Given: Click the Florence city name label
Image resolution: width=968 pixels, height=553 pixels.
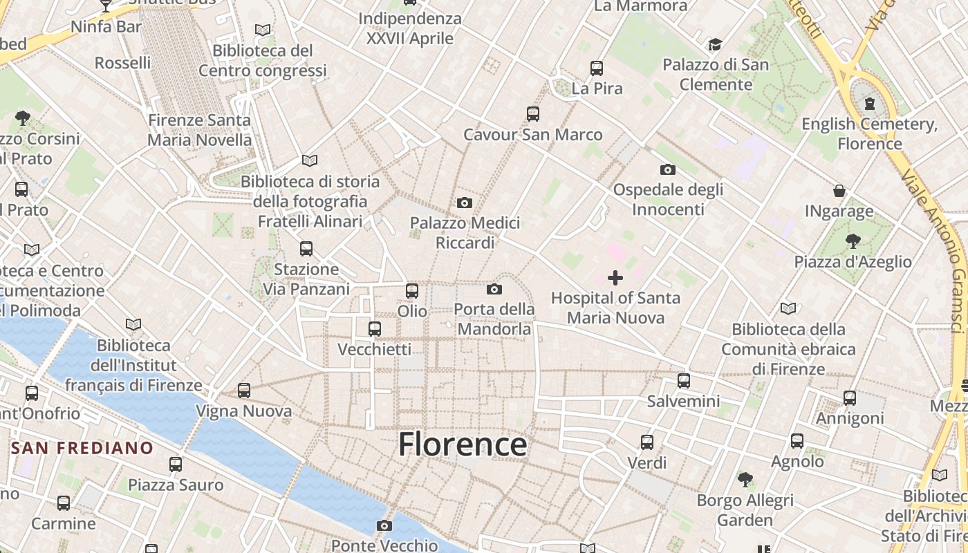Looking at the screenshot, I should coord(463,444).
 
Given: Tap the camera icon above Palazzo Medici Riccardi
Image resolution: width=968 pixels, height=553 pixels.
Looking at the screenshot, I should coord(465,203).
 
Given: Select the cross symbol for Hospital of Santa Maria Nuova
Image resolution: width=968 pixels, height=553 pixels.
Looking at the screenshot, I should coord(615,278).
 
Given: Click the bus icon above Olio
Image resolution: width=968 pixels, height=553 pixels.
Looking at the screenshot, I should coord(412,291).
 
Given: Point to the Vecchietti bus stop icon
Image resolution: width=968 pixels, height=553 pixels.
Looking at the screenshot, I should coord(375,329).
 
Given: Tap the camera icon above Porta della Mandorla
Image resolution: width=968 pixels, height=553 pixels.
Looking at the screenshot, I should coord(494,289).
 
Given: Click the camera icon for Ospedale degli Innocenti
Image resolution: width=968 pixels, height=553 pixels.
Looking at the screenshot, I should coord(668,169).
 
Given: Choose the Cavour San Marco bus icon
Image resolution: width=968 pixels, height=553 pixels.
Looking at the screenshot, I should coord(532,114).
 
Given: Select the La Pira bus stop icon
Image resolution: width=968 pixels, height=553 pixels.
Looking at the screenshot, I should coord(597,68).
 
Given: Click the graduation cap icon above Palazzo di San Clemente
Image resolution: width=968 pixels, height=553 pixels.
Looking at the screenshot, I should coord(715,45).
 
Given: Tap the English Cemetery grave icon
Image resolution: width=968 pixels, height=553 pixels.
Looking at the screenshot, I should coord(869,104).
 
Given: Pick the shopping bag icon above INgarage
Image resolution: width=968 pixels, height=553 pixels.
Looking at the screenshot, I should coord(839,191).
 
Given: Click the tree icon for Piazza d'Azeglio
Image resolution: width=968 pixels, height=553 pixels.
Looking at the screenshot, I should coord(853,241).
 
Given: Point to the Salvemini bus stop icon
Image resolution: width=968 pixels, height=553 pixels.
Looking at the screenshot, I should coord(684,380).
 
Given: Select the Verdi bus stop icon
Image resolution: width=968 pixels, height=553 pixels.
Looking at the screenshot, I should coord(647,442).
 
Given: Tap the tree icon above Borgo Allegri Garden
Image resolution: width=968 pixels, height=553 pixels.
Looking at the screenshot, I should coord(745,479).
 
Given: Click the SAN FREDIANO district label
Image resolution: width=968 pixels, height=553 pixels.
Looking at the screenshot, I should coord(82,448).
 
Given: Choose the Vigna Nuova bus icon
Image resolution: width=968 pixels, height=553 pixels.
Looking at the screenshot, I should coord(244,391).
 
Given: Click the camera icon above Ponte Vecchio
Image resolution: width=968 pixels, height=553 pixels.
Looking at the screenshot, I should coord(384,526).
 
